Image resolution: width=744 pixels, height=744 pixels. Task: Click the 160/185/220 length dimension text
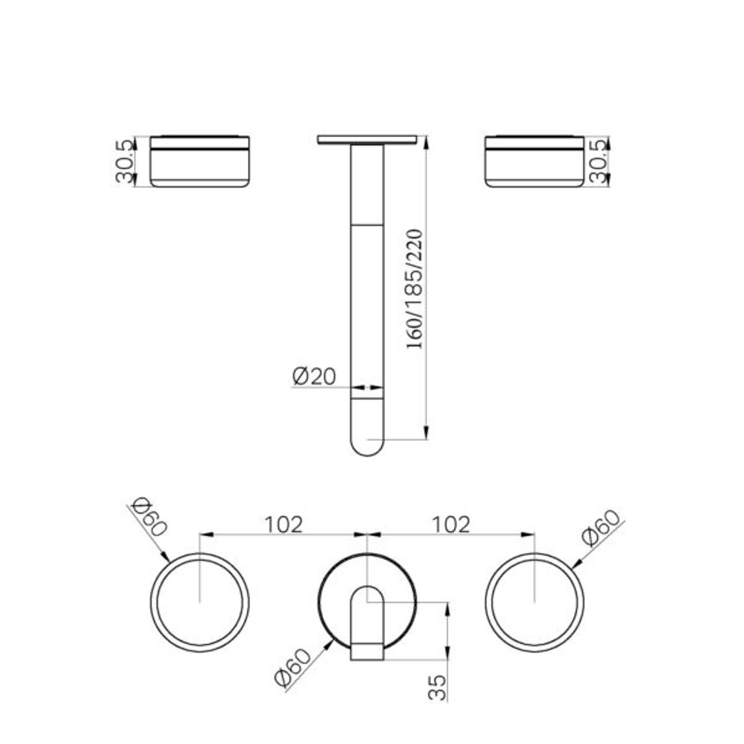click(x=415, y=289)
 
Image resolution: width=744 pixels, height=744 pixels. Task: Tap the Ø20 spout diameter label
click(x=313, y=376)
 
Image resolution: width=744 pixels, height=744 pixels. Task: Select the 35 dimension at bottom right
click(x=438, y=687)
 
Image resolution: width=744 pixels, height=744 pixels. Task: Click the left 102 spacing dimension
click(x=284, y=524)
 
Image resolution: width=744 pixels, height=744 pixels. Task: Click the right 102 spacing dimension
click(x=451, y=524)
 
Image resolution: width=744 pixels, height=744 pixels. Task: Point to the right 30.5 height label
click(x=600, y=161)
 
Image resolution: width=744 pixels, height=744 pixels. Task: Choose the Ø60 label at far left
click(x=147, y=516)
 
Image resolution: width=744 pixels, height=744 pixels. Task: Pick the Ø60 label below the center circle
click(x=293, y=668)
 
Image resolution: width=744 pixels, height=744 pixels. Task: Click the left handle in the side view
click(x=200, y=162)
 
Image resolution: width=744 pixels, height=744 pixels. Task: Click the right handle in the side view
click(x=535, y=162)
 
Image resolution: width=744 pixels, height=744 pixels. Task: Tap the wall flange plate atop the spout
click(x=367, y=140)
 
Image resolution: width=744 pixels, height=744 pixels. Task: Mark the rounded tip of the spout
click(x=367, y=445)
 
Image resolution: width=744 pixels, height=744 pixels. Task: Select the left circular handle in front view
click(x=200, y=603)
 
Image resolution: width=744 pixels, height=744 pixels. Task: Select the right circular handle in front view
click(x=535, y=603)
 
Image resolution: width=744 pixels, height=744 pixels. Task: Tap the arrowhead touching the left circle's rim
click(x=165, y=558)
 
